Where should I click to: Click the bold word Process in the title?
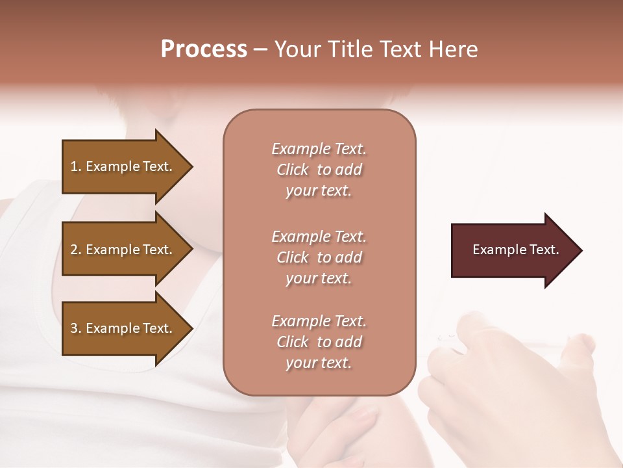(204, 49)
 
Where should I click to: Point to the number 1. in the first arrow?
(76, 166)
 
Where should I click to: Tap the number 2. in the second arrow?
(76, 250)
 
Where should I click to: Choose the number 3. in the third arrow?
(76, 328)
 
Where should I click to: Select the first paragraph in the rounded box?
(319, 170)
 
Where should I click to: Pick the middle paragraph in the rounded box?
(319, 257)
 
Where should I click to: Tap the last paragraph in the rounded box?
(319, 342)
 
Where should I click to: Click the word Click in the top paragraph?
(293, 170)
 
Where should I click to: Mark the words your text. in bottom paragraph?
(319, 363)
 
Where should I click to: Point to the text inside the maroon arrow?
(515, 250)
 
